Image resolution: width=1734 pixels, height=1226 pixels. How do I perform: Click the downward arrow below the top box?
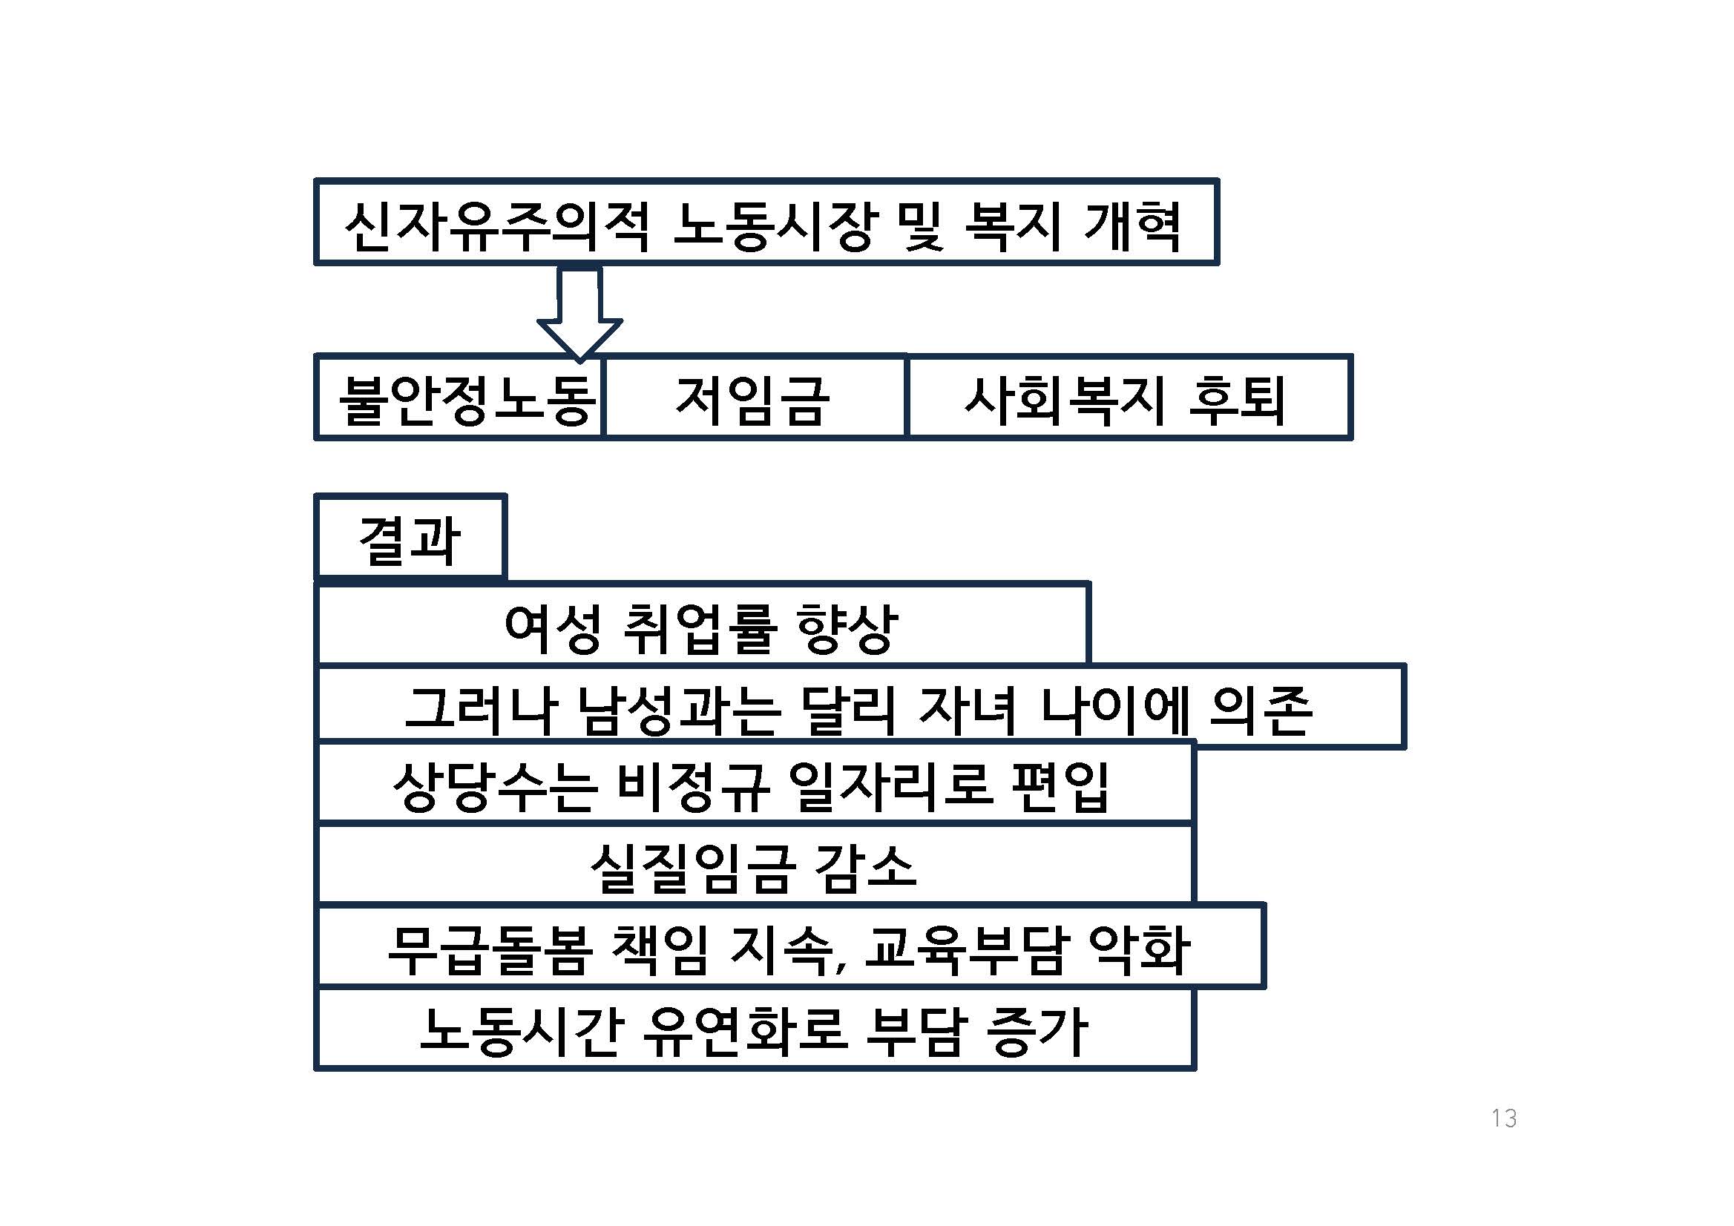(x=579, y=313)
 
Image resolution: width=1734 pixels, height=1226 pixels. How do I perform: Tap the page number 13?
(x=1504, y=1118)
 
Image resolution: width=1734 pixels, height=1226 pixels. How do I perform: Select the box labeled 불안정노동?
(x=459, y=397)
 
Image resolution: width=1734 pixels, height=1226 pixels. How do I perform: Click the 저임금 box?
(x=755, y=397)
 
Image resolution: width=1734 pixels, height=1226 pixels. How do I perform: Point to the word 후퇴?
(x=1236, y=400)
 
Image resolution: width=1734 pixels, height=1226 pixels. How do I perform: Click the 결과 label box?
(x=410, y=538)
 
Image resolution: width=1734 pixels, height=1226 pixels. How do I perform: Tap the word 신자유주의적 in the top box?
(x=497, y=225)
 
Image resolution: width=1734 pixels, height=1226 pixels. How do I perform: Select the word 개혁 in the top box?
(x=1132, y=225)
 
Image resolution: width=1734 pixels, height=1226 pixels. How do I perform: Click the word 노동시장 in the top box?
(x=775, y=225)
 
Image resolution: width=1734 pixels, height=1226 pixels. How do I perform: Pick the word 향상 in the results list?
(x=847, y=629)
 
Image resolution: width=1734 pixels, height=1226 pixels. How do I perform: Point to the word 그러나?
(x=481, y=711)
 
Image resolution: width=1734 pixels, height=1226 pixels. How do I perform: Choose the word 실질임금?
(x=692, y=869)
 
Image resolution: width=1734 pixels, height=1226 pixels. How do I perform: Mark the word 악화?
(x=1140, y=949)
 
